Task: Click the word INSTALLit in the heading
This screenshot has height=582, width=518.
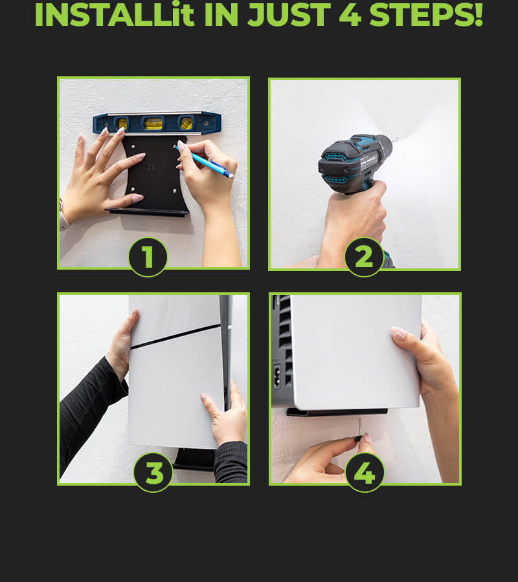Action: [115, 15]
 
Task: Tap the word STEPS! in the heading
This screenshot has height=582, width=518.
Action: [426, 15]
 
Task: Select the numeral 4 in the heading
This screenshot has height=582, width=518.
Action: [350, 15]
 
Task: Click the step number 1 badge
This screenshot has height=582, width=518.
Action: [148, 257]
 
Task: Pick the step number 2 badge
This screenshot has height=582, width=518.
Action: [364, 257]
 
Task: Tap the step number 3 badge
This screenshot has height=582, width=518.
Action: [153, 473]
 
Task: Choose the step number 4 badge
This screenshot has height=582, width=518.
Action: [365, 473]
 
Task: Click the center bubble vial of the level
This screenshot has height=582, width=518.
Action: [153, 124]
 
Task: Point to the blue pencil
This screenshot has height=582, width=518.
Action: [205, 162]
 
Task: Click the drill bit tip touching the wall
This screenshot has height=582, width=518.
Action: [396, 140]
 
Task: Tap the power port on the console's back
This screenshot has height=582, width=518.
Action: [277, 377]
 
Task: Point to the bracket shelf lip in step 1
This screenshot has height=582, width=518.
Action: [148, 212]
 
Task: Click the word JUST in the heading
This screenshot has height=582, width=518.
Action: [289, 15]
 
